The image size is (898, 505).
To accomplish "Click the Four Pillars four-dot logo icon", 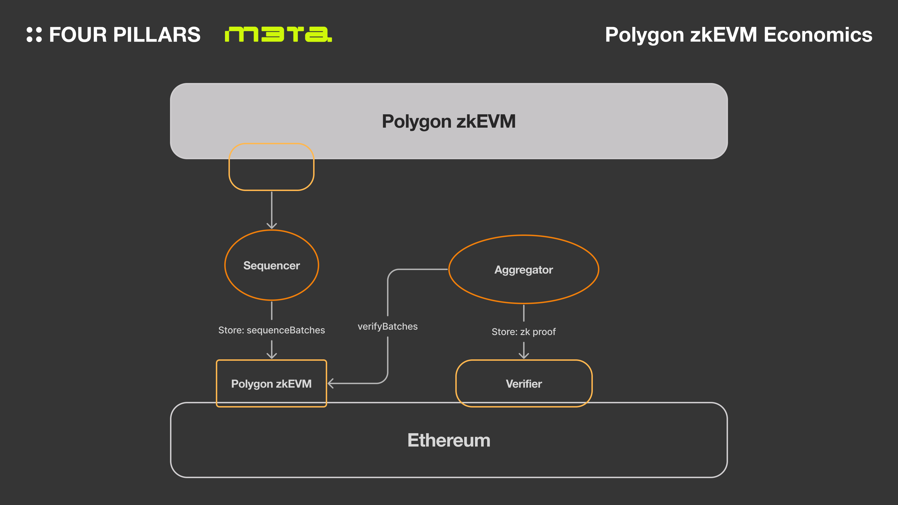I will pyautogui.click(x=34, y=35).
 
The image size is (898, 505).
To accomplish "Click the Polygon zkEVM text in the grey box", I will pyautogui.click(x=449, y=121).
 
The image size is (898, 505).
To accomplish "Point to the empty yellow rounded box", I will pyautogui.click(x=271, y=167).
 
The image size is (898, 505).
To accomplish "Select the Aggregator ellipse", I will pyautogui.click(x=524, y=269).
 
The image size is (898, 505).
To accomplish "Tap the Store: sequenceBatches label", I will pyautogui.click(x=272, y=330).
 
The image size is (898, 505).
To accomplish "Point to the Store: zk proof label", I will pyautogui.click(x=524, y=332).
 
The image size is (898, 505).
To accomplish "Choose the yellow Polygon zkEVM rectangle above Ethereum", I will pyautogui.click(x=272, y=383).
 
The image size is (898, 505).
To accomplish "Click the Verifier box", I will pyautogui.click(x=524, y=383).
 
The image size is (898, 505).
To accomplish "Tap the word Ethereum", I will pyautogui.click(x=449, y=440).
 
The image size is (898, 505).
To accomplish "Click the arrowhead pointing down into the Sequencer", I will pyautogui.click(x=272, y=225).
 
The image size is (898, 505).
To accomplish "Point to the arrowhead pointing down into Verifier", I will pyautogui.click(x=524, y=355).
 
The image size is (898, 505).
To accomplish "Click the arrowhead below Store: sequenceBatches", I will pyautogui.click(x=272, y=355).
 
